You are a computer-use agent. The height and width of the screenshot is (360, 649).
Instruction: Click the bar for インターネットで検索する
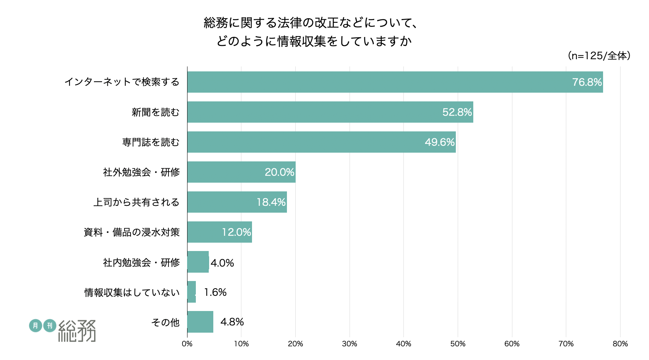coord(395,82)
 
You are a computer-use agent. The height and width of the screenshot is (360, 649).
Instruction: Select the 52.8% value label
coord(457,112)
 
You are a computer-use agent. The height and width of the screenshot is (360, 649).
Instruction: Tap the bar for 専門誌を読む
coord(321,142)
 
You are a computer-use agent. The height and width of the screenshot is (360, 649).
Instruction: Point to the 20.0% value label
coord(279,172)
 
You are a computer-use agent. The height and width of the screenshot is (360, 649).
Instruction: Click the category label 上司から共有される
coord(136,202)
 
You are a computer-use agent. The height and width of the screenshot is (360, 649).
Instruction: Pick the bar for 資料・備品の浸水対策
coord(219,232)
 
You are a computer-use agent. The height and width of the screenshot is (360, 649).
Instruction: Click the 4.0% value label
coord(222,263)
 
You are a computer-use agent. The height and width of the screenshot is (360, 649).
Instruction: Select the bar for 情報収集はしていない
coord(191,292)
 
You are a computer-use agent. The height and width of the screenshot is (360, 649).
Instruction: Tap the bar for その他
coord(200,322)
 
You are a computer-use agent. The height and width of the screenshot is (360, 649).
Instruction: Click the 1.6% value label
coord(215,292)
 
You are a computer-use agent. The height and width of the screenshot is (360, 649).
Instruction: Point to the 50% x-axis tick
coord(458,344)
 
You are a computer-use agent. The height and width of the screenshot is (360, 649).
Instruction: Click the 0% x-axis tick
coord(187,344)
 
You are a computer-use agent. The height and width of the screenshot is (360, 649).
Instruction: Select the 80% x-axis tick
coord(620,344)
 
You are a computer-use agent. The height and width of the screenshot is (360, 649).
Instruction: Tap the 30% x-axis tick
coord(350,344)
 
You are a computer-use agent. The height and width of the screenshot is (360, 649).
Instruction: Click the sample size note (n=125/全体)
coord(599,56)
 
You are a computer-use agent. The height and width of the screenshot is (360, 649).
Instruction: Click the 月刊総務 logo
coord(63,330)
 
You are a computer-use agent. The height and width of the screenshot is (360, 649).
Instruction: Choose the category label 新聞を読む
coord(155,112)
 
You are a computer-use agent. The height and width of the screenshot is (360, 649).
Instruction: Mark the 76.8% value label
coord(587,82)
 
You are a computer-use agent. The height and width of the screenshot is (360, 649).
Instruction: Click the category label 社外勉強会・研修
coord(141,172)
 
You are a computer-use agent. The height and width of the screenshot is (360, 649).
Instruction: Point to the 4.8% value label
coord(232,322)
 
